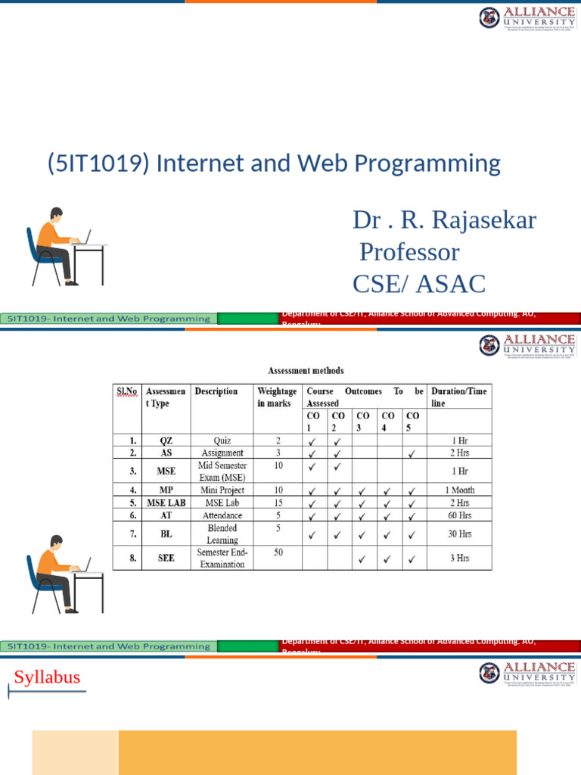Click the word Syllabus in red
(47, 677)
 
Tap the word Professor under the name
(409, 252)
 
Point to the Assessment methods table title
(306, 371)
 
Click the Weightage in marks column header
(277, 397)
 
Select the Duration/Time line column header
(458, 397)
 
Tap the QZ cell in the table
(166, 440)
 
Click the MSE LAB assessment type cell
(166, 503)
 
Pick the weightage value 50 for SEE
(278, 553)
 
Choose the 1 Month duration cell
(459, 490)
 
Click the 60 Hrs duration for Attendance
(459, 515)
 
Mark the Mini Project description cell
(222, 490)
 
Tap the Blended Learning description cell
(222, 534)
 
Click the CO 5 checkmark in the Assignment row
(412, 453)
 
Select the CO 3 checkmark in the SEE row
(363, 559)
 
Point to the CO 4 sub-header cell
(388, 422)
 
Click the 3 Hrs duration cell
(459, 559)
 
